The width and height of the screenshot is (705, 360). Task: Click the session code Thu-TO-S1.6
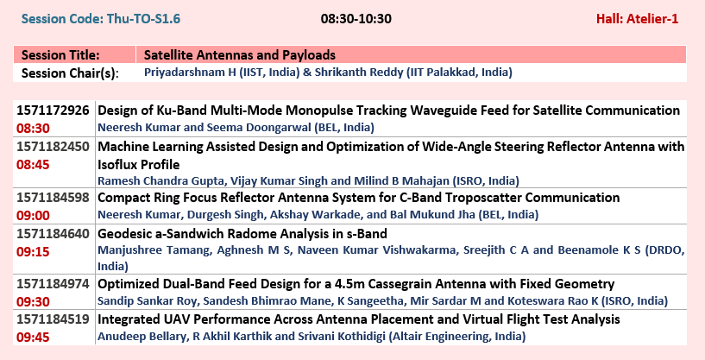point(101,19)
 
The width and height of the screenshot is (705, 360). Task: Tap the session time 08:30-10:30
point(356,19)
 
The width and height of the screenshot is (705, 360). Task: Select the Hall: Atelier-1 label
point(637,19)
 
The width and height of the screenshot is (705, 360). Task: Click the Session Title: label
point(60,55)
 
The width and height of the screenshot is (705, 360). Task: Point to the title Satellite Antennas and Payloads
point(240,55)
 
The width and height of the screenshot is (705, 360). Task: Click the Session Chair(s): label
point(70,73)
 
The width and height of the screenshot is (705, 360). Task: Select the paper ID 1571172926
point(53,111)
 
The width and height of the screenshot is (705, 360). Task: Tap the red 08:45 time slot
point(33,165)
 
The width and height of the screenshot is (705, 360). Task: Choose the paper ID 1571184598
point(53,198)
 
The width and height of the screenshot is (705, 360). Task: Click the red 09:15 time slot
point(33,251)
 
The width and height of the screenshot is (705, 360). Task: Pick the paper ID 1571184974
point(53,284)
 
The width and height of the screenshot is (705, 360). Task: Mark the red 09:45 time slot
point(33,337)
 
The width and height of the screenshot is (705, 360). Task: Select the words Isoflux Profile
point(139,165)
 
